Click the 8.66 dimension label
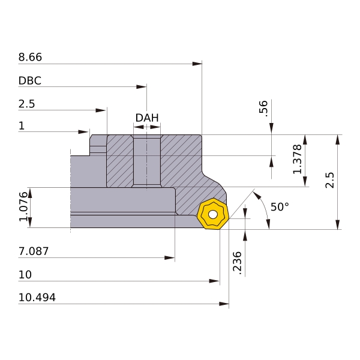click(30, 57)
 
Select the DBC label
click(30, 80)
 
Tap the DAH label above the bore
click(147, 118)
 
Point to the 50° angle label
click(280, 206)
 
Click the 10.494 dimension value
click(37, 298)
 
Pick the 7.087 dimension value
click(34, 251)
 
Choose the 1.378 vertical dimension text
click(298, 159)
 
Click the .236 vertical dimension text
click(238, 263)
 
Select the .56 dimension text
click(263, 109)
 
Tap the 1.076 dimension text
click(23, 206)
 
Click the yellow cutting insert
click(213, 214)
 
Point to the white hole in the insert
click(213, 215)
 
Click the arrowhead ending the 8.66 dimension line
click(197, 64)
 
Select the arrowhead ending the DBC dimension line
click(141, 87)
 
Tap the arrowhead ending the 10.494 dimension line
click(224, 304)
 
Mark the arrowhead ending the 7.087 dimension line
click(169, 257)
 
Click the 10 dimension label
click(25, 274)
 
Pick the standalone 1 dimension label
click(22, 125)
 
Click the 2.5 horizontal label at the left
click(26, 104)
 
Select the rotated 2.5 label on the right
click(329, 180)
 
